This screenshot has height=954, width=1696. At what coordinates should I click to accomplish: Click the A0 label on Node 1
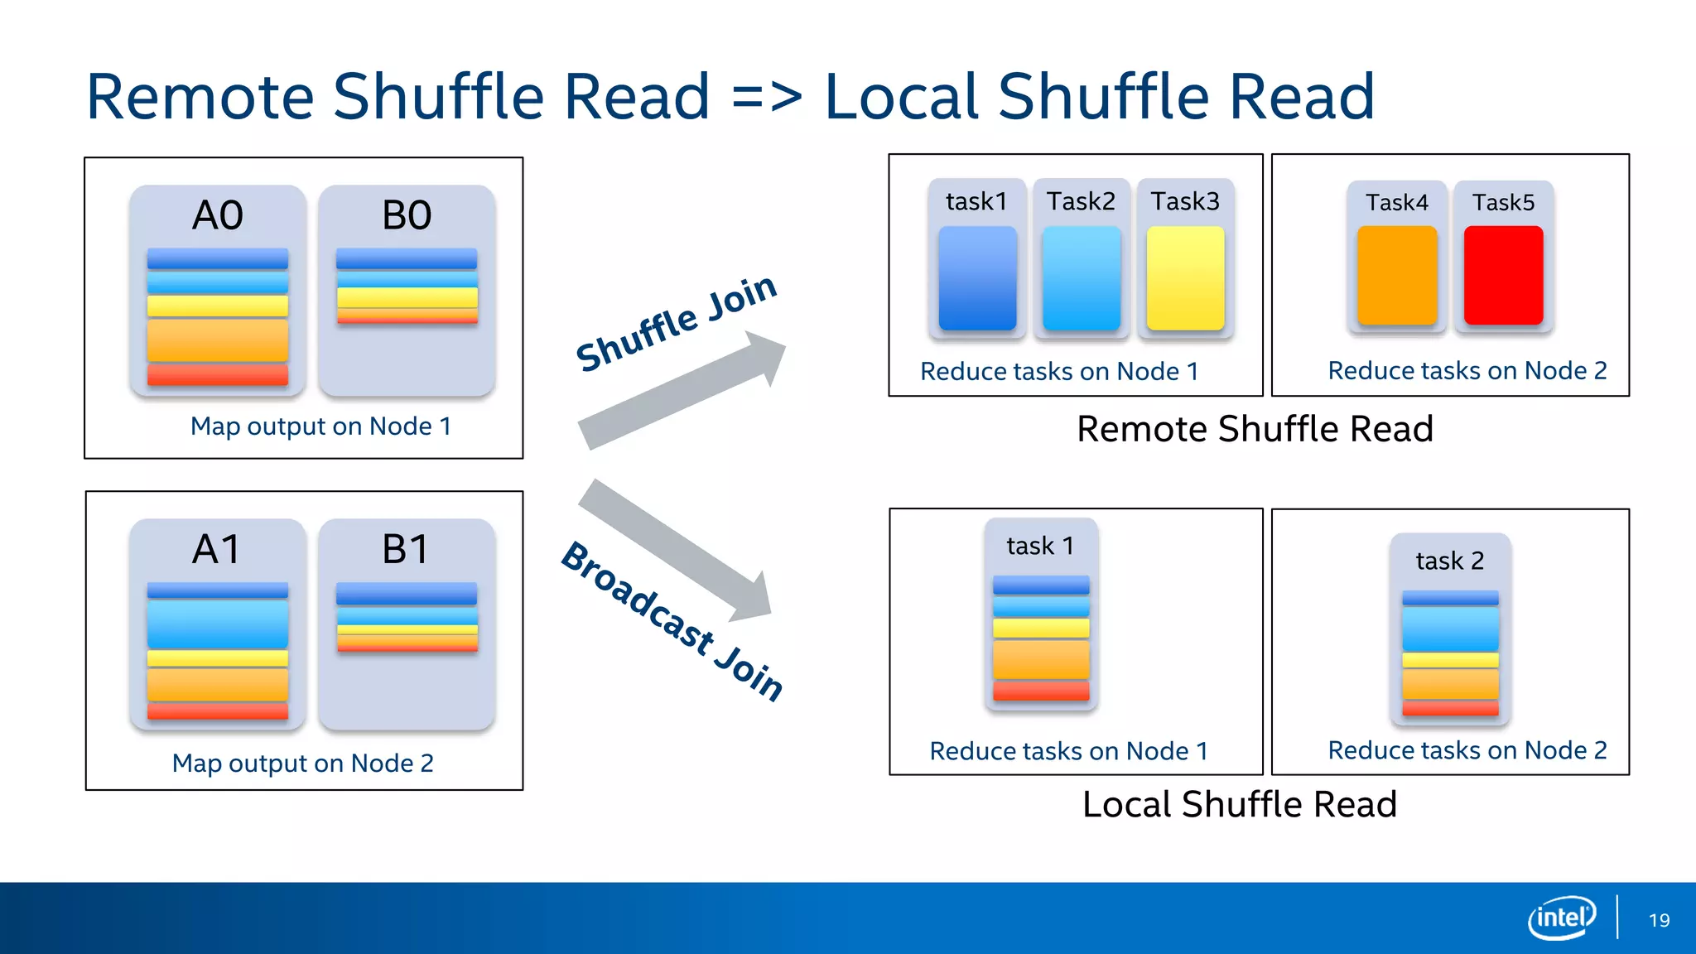pos(217,215)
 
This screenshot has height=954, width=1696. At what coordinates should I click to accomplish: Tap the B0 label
pos(407,215)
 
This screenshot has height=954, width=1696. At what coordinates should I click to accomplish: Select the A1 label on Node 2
pos(217,549)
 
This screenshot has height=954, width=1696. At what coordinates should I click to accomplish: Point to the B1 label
pos(407,549)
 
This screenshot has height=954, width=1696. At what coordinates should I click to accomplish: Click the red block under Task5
pos(1503,275)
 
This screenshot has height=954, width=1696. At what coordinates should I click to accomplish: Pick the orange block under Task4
pos(1397,275)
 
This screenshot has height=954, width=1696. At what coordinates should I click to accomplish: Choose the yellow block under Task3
pos(1185,278)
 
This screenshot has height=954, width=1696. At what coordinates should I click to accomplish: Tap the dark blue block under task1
pos(977,278)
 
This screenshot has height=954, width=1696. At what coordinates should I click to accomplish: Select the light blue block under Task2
pos(1081,278)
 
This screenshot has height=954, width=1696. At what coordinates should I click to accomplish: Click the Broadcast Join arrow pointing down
pos(675,550)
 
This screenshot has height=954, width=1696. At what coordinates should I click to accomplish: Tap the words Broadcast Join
pos(672,621)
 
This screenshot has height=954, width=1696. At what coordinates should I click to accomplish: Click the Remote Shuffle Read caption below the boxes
pos(1255,429)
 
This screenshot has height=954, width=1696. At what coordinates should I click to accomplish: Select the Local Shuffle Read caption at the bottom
pos(1240,804)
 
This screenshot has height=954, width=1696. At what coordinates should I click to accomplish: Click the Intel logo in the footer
pos(1562,918)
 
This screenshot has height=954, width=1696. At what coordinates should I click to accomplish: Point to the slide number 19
pos(1659,920)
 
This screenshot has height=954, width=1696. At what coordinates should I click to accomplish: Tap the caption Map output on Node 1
pos(321,426)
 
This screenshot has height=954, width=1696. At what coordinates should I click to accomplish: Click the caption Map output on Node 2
pos(303,763)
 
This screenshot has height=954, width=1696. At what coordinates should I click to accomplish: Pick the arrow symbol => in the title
pos(767,97)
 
